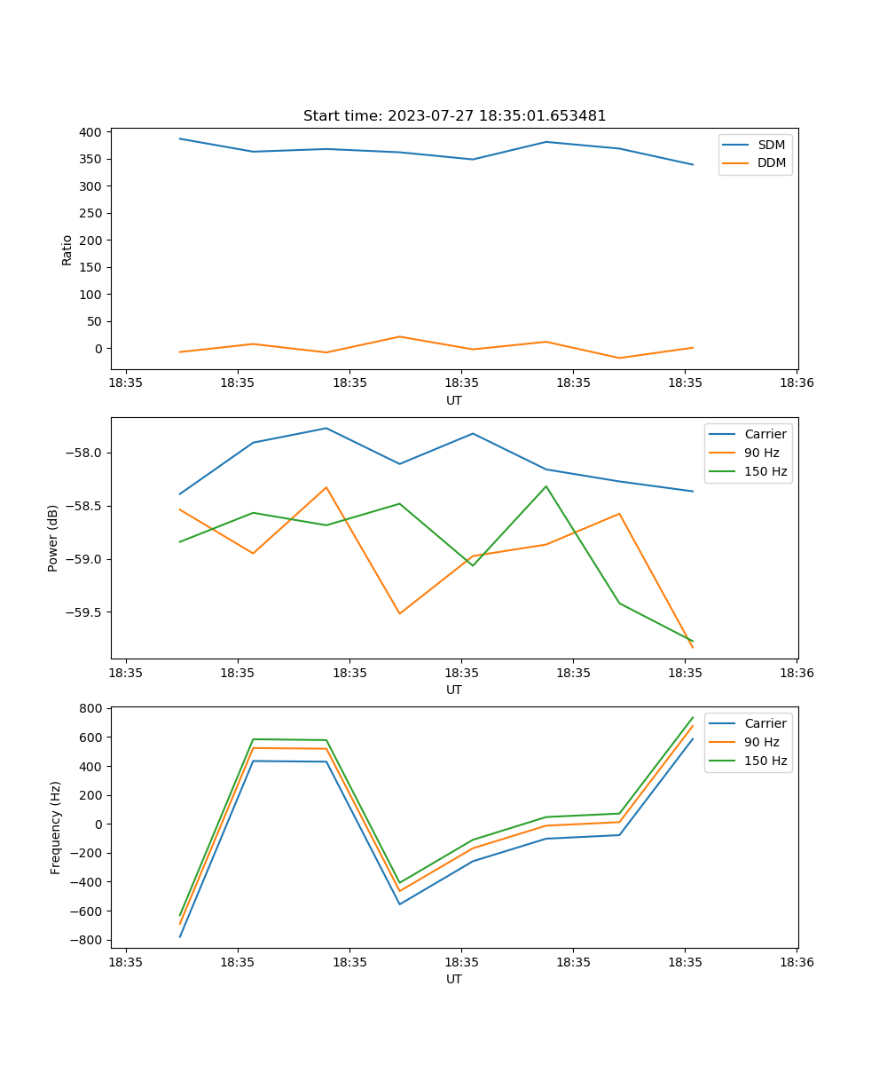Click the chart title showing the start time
click(x=454, y=116)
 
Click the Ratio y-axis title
click(x=67, y=250)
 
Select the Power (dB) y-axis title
click(x=53, y=538)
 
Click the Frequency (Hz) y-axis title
click(x=56, y=827)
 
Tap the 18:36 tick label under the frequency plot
click(x=797, y=962)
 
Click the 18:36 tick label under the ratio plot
click(x=797, y=383)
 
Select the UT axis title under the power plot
click(x=454, y=690)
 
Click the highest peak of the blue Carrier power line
click(x=326, y=428)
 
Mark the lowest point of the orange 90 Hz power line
click(x=692, y=647)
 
